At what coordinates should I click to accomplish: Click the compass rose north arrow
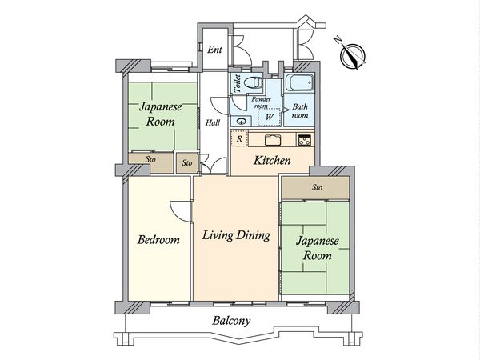(352, 55)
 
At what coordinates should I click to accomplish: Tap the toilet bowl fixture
(253, 82)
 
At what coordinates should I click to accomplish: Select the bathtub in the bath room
(300, 82)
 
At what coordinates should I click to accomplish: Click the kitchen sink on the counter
(273, 140)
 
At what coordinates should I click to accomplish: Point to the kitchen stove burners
(305, 139)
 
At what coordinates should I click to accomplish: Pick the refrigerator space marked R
(239, 138)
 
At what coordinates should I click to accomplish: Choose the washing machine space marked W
(269, 117)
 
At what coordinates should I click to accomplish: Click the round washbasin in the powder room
(242, 122)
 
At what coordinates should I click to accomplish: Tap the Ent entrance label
(214, 50)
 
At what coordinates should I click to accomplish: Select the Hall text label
(213, 122)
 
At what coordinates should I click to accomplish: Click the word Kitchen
(272, 161)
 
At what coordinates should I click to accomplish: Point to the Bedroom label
(158, 240)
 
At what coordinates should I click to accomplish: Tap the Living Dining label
(236, 236)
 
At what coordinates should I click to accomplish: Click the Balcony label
(231, 321)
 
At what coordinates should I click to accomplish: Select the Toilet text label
(238, 83)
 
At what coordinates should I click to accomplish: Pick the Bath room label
(300, 111)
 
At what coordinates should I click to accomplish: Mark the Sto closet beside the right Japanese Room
(316, 188)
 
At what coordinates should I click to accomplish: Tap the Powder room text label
(261, 103)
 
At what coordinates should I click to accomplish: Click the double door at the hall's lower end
(214, 166)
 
